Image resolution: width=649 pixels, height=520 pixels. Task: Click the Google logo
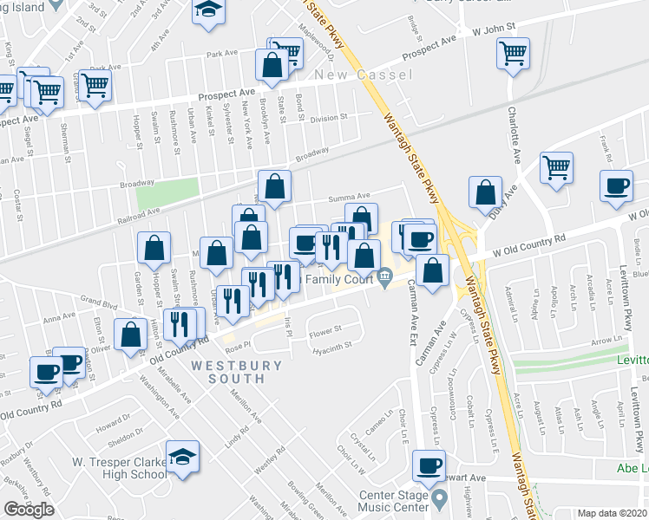coord(29,510)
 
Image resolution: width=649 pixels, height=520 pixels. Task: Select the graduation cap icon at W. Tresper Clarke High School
coord(183,456)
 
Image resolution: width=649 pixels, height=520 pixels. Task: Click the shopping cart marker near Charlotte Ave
coord(513,54)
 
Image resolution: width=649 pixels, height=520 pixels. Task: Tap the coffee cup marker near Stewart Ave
coord(428,465)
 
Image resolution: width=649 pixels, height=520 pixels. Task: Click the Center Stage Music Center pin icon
coord(438,498)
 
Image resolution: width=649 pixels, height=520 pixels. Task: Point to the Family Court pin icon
coord(384,278)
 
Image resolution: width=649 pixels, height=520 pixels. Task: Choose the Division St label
coord(329,117)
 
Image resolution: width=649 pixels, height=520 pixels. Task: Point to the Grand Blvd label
coord(98,302)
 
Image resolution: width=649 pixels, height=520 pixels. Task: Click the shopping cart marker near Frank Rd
coord(556,168)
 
